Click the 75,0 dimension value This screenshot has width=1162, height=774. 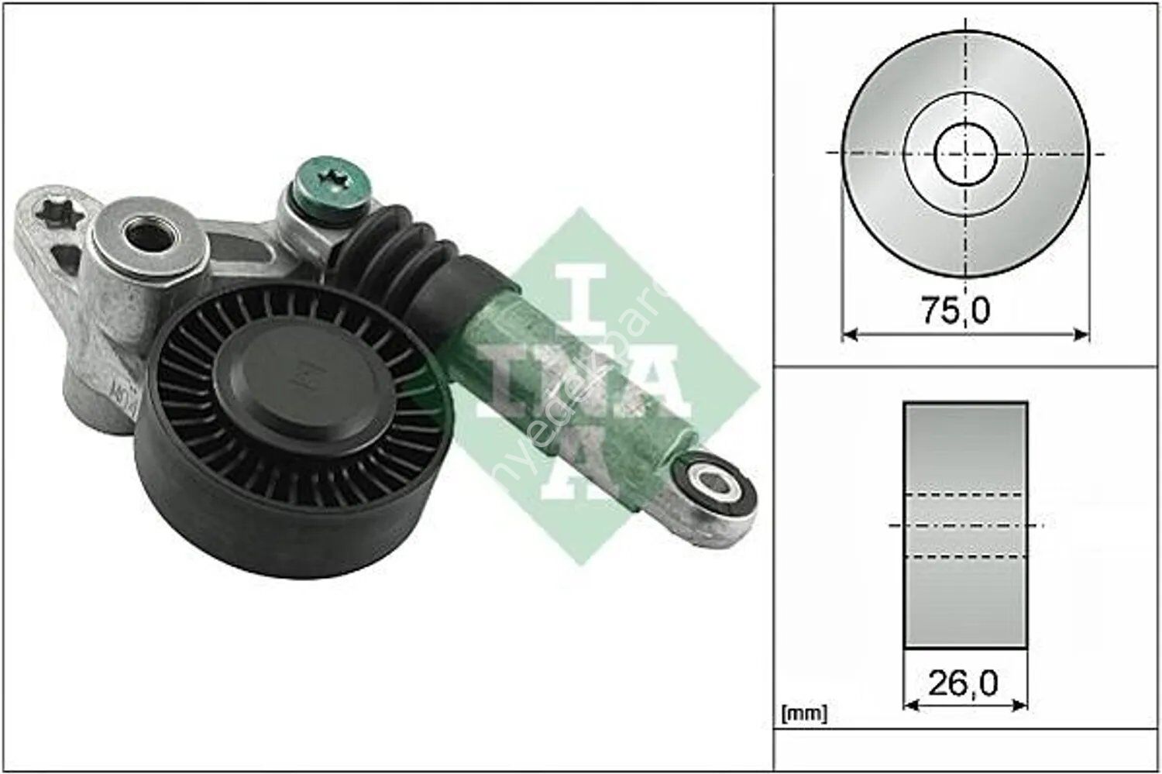click(x=955, y=310)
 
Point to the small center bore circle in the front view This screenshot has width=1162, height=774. click(x=965, y=153)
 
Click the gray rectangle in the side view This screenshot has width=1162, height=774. click(x=965, y=449)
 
